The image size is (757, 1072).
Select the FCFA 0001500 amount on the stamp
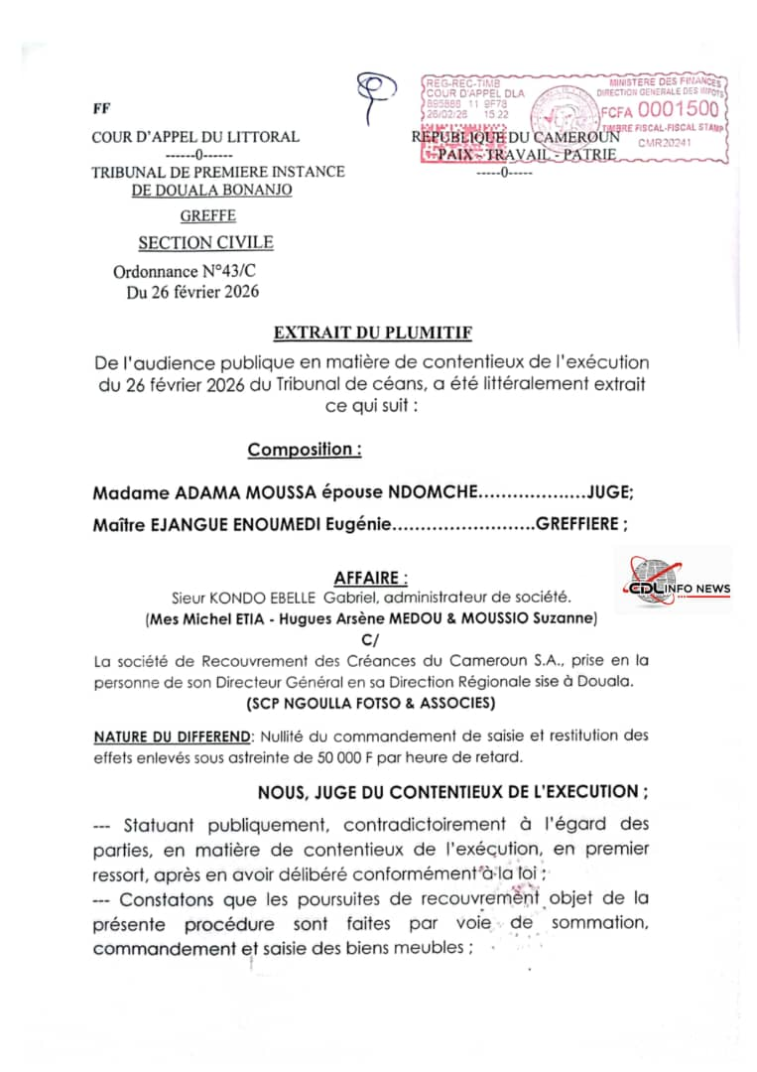coord(659,109)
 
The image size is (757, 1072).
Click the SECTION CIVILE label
coord(205,242)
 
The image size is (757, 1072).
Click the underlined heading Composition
coord(304,450)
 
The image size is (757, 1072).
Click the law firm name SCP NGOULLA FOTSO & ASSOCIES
coord(371,703)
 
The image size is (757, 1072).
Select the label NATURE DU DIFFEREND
coord(172,736)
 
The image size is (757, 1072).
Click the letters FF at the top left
coord(101,109)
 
